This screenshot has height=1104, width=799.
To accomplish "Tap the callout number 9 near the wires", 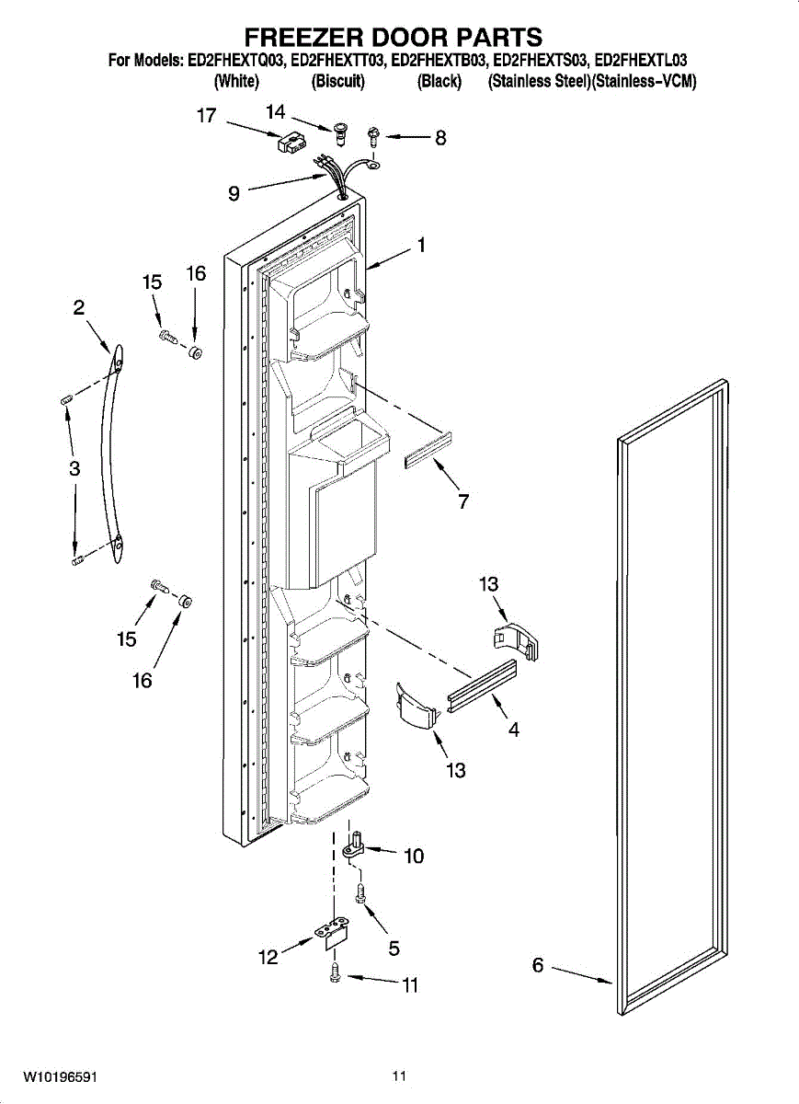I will click(x=234, y=193).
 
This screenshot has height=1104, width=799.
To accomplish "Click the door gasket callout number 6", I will click(x=538, y=965).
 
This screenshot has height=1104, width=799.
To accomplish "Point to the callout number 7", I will click(x=463, y=501).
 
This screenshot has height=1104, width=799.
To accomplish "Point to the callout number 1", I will click(x=420, y=246).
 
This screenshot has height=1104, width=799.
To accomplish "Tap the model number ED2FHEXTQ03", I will click(x=238, y=61).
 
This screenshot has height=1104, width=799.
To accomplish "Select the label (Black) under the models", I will click(x=439, y=82).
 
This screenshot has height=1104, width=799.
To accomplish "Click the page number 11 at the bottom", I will click(x=398, y=1075).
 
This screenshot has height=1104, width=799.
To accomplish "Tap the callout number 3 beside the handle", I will click(x=74, y=468).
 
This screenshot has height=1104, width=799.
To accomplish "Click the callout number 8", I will click(x=440, y=138).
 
